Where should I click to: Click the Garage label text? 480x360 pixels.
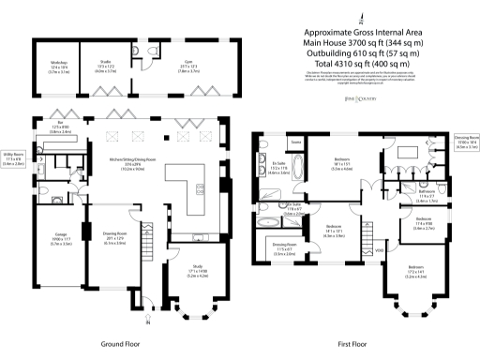pyautogui.click(x=53, y=241)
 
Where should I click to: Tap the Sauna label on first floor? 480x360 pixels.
pyautogui.click(x=296, y=143)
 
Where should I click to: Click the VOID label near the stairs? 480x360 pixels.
pyautogui.click(x=380, y=249)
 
